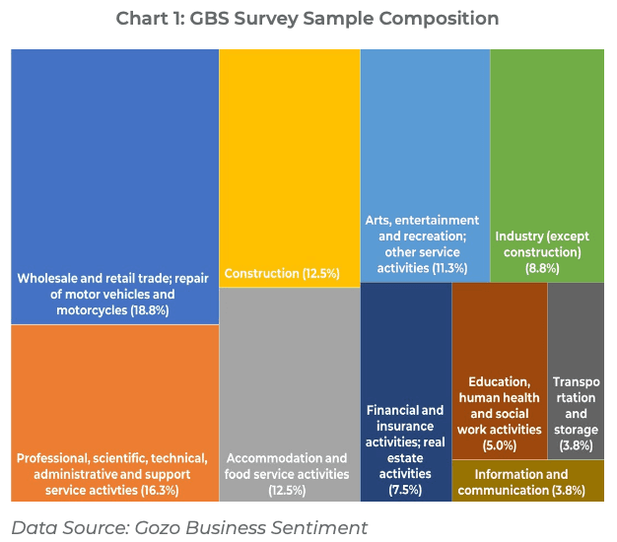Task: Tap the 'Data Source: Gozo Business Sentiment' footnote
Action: coord(189,527)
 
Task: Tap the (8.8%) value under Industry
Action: coord(538,268)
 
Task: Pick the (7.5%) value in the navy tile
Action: coord(405,490)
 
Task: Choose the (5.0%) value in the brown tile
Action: coord(498,445)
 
